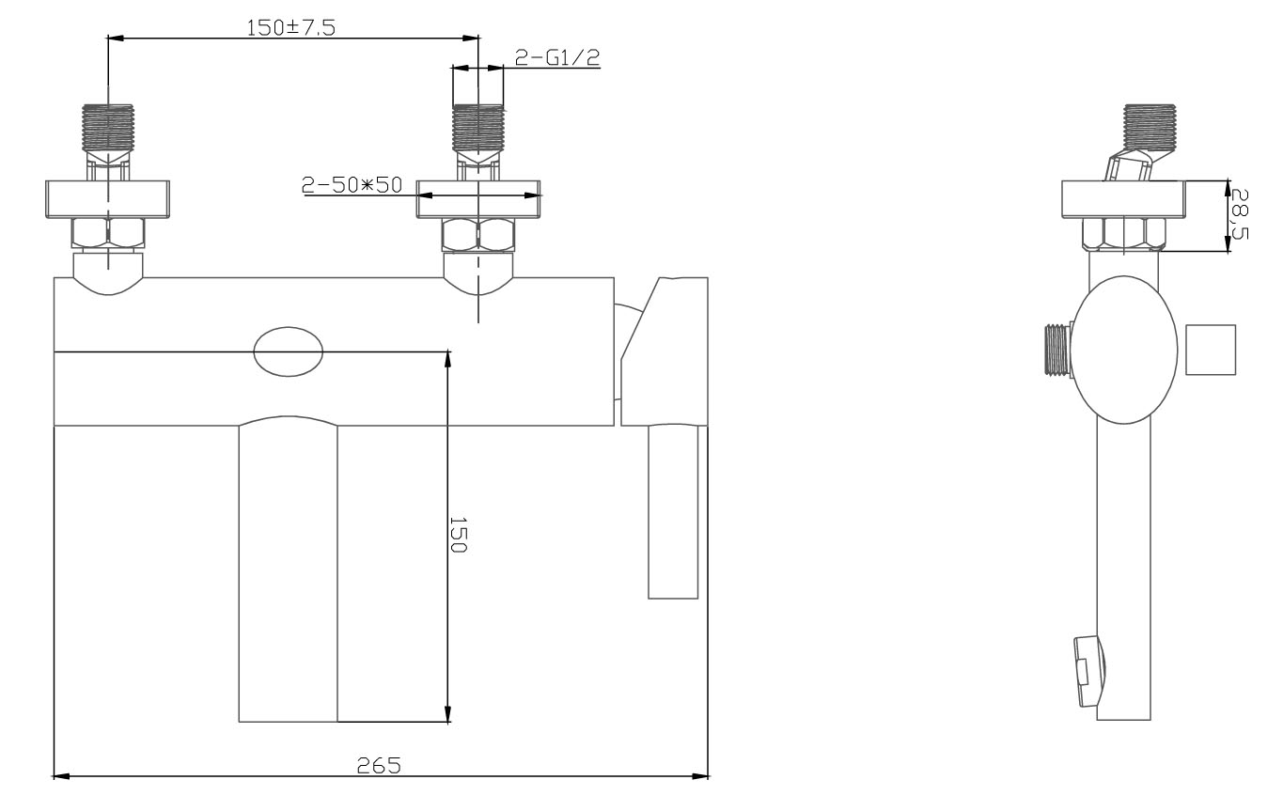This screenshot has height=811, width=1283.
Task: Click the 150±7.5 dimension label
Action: pos(290,27)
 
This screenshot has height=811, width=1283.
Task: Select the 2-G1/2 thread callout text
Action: pos(556,57)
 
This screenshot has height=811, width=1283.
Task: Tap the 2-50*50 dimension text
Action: pos(352,185)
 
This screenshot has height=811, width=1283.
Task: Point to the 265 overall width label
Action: pos(379,765)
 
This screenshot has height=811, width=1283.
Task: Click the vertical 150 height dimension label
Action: pos(459,535)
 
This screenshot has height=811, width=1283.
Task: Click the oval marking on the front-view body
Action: pos(289,351)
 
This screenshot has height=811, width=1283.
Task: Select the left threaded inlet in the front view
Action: pos(108,128)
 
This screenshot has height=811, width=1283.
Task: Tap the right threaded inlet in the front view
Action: pos(478,128)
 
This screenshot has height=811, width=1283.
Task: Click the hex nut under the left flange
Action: pos(108,234)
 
